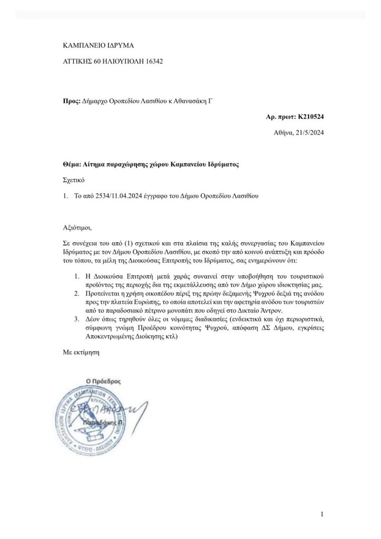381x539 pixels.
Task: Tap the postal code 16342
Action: [x=152, y=61]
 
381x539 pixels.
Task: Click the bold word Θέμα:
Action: [x=73, y=164]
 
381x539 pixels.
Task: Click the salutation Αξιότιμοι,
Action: [x=77, y=228]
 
